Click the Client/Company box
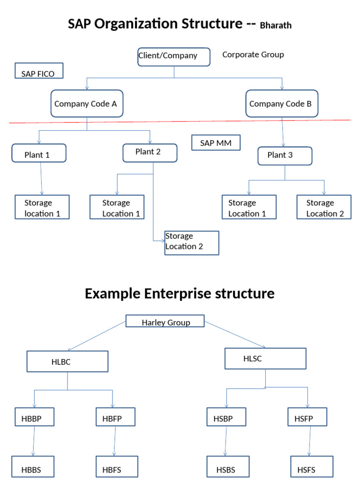pos(173,57)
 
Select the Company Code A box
pos(87,104)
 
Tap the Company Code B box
pos(282,104)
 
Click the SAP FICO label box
pos(39,71)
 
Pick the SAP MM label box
pos(216,143)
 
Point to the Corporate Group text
pos(253,54)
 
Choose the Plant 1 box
pos(39,153)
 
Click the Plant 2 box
pos(150,153)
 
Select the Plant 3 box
pos(285,156)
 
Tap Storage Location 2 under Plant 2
pos(191,242)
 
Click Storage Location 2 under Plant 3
pos(324,207)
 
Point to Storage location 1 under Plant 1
pos(42,207)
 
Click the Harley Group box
pos(165,321)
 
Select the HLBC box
pos(67,361)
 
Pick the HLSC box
pos(265,359)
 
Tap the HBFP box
pos(115,417)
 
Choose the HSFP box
pos(307,417)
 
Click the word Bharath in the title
pos(276,26)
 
